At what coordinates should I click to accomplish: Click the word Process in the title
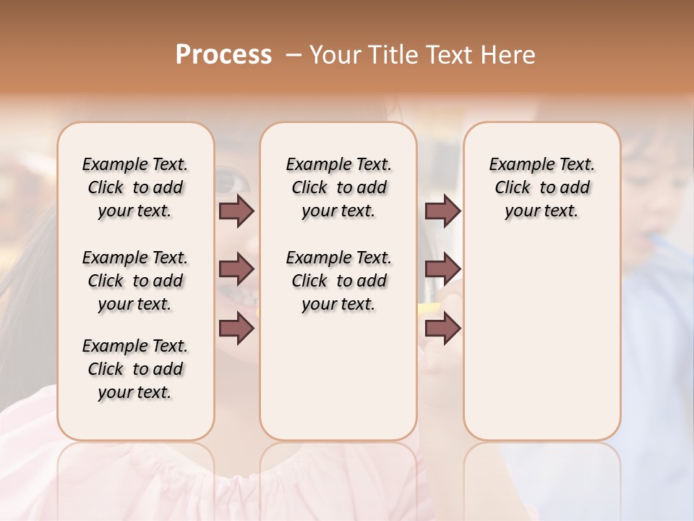pos(223,55)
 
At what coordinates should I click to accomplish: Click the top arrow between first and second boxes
pos(236,211)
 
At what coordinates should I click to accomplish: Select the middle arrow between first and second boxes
pos(236,270)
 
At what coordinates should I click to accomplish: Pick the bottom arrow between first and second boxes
pos(236,328)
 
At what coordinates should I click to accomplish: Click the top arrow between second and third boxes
pos(442,211)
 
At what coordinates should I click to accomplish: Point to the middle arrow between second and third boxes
pos(442,270)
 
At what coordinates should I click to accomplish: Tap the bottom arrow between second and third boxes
pos(442,328)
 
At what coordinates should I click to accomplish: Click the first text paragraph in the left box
pos(135,187)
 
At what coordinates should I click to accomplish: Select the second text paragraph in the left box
pos(135,281)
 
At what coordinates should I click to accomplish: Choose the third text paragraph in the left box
pos(135,369)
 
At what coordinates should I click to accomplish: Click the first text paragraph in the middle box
pos(338,187)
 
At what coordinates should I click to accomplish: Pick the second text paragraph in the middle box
pos(338,281)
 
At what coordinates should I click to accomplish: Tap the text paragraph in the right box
pos(542,187)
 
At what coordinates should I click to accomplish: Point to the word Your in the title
pos(331,55)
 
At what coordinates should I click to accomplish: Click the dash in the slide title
pos(294,55)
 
